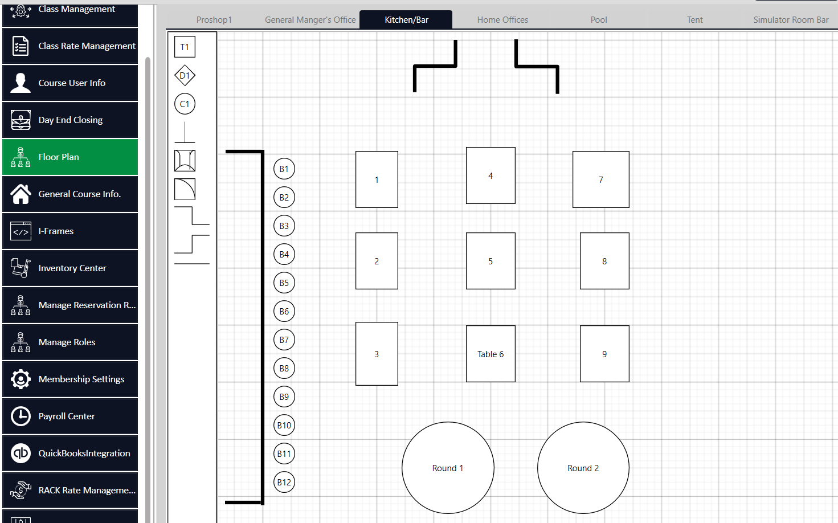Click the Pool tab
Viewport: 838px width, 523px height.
click(599, 20)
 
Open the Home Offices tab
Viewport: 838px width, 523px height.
click(502, 20)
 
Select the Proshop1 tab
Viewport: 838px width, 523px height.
click(214, 20)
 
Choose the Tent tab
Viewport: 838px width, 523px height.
click(694, 20)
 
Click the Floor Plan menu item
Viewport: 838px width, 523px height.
click(70, 157)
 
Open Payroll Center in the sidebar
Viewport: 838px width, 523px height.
click(70, 416)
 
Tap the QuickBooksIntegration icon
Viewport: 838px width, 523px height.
click(21, 453)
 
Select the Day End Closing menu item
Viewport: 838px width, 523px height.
click(70, 120)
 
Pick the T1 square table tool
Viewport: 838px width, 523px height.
click(185, 47)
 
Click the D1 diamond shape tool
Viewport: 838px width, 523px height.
click(185, 75)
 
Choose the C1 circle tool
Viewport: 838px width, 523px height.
click(185, 104)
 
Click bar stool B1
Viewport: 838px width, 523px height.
click(284, 169)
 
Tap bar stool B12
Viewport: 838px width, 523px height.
click(284, 482)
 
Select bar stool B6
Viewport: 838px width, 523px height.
click(284, 311)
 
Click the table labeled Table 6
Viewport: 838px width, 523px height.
click(490, 354)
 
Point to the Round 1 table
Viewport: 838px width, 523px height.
click(448, 468)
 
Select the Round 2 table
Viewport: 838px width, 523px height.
click(583, 468)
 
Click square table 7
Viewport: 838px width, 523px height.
click(601, 179)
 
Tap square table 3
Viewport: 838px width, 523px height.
click(377, 354)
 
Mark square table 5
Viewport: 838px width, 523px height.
click(490, 261)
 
